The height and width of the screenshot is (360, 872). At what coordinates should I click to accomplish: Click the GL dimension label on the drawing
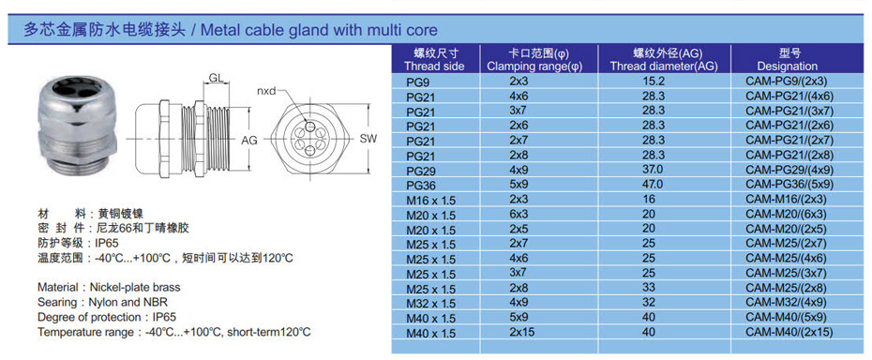217,78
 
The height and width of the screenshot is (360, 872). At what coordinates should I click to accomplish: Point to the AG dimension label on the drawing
249,141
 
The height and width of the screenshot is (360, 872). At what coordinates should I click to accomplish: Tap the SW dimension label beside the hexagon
368,139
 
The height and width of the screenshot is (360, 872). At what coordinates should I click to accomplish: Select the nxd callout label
266,91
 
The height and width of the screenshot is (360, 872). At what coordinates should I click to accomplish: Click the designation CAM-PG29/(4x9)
789,169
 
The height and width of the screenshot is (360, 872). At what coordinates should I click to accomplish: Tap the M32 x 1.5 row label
431,304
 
